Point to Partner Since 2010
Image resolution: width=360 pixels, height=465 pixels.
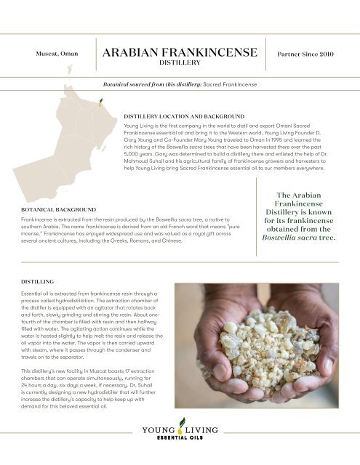(305, 55)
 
